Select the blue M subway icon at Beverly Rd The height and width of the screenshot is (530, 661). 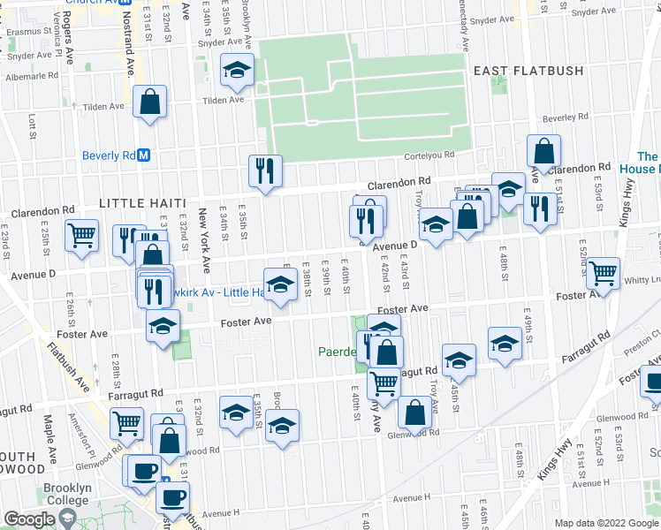pos(143,155)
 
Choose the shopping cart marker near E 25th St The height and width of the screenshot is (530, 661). pos(81,236)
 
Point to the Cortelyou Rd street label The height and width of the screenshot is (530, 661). pos(429,154)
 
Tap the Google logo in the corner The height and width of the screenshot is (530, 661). pos(30,519)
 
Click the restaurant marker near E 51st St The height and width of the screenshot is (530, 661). pos(536,208)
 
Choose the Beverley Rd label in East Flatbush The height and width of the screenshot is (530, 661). pos(559,117)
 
